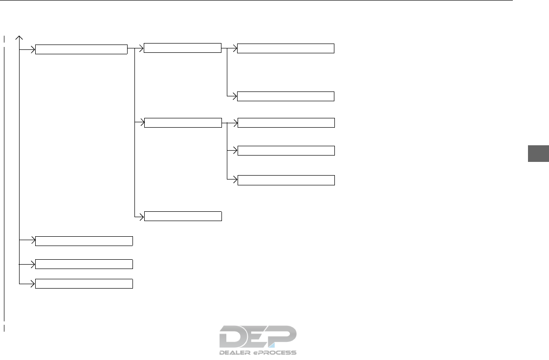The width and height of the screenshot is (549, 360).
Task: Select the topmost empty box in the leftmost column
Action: (82, 49)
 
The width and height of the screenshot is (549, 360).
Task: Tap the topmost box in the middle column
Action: (183, 48)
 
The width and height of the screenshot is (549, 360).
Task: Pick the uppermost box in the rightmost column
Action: (286, 48)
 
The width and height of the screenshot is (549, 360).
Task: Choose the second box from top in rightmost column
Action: (286, 96)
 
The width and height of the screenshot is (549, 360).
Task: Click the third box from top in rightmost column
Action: (286, 123)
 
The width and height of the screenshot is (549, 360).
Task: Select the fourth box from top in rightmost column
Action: (286, 150)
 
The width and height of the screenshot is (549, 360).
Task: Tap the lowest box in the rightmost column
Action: (286, 180)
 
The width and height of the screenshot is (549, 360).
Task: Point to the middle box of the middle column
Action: (183, 123)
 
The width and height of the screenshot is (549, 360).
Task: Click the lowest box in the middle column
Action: (183, 216)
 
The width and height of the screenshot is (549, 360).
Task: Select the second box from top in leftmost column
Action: (84, 240)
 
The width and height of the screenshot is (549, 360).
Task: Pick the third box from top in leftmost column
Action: (84, 264)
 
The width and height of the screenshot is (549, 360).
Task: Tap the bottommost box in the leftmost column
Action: (84, 283)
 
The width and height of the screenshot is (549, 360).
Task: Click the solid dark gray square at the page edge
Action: (538, 154)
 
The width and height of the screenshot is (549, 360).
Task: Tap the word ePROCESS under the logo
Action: (277, 352)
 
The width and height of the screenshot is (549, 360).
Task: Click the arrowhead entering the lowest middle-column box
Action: (142, 216)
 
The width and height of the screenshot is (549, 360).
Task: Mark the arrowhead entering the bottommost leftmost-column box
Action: (33, 283)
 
